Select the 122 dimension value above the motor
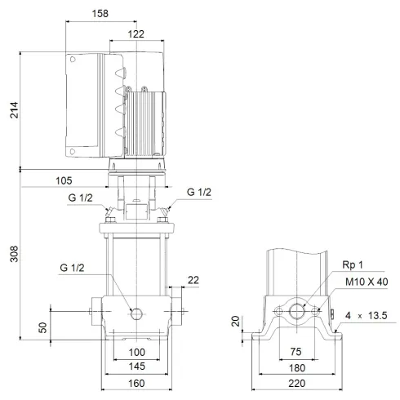[x=137, y=34]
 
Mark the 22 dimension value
[x=192, y=280]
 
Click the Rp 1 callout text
[x=352, y=265]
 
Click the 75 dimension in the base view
[x=297, y=352]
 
